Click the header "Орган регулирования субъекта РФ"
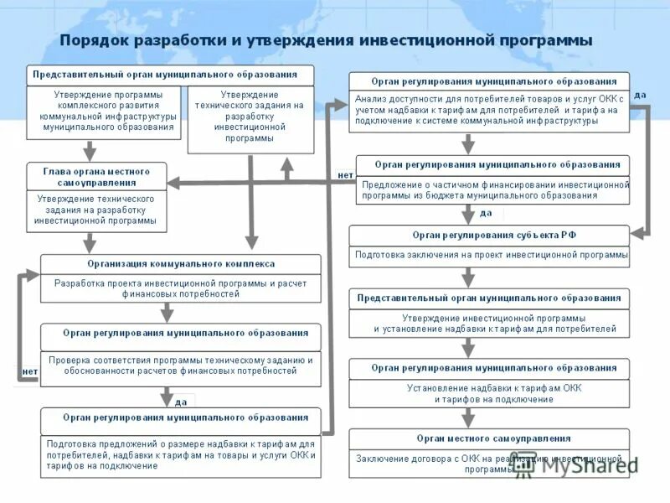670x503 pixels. pyautogui.click(x=488, y=236)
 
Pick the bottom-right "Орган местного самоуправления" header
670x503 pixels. pyautogui.click(x=488, y=438)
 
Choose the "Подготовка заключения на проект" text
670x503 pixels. pyautogui.click(x=488, y=254)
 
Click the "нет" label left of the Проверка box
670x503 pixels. pyautogui.click(x=29, y=371)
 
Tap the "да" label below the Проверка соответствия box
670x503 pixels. pyautogui.click(x=181, y=402)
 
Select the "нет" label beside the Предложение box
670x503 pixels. pyautogui.click(x=345, y=175)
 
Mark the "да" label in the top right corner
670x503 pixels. pyautogui.click(x=640, y=95)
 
